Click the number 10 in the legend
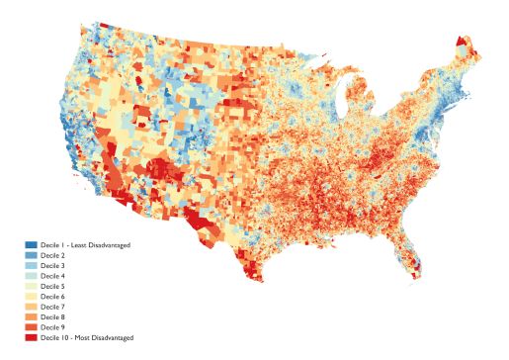click(67, 338)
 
